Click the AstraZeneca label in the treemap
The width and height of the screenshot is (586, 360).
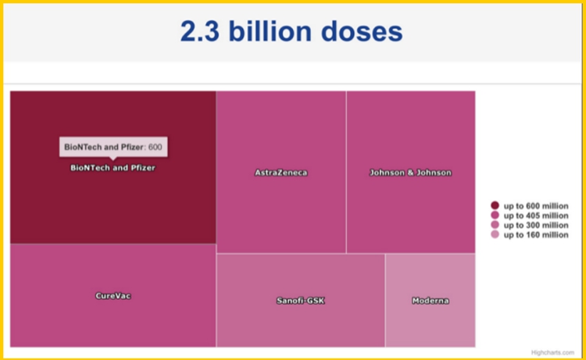point(280,173)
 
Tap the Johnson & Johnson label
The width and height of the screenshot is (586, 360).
point(410,173)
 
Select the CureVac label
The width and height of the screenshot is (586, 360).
point(113,295)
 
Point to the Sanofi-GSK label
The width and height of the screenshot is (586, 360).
point(300,300)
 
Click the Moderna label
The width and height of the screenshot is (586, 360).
point(431,300)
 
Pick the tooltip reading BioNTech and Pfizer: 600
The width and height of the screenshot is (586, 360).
point(113,147)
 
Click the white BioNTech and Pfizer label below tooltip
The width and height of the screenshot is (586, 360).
point(113,167)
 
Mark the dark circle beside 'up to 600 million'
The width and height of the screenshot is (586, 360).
point(495,205)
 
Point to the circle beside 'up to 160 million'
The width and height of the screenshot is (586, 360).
point(495,234)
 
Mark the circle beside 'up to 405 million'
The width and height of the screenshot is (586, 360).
point(495,216)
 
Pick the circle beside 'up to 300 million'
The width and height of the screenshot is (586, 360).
point(495,225)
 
